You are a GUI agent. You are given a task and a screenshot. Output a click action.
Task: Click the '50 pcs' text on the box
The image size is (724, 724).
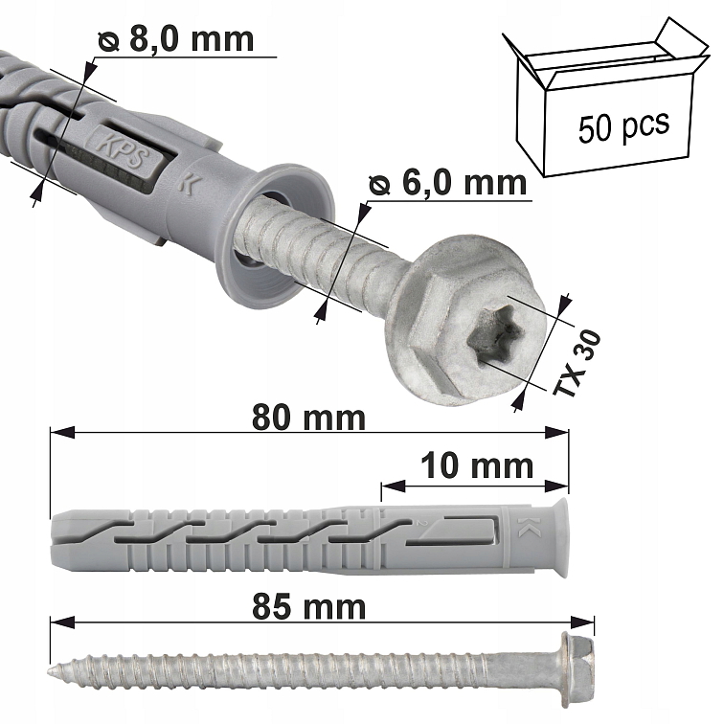[623, 125]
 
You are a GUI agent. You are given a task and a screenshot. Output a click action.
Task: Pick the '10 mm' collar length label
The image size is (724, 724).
[478, 465]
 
